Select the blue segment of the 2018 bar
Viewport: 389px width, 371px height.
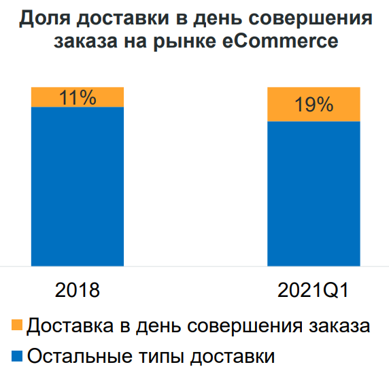tap(77, 187)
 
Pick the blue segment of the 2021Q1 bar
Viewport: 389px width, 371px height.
tap(314, 194)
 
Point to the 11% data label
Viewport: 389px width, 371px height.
tap(78, 97)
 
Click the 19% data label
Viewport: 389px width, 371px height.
tap(314, 105)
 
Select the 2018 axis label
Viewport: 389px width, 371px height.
tap(78, 291)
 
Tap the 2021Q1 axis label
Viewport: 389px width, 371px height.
tap(314, 291)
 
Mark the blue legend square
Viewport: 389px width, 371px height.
tap(18, 355)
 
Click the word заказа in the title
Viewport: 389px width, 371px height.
tap(82, 41)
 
